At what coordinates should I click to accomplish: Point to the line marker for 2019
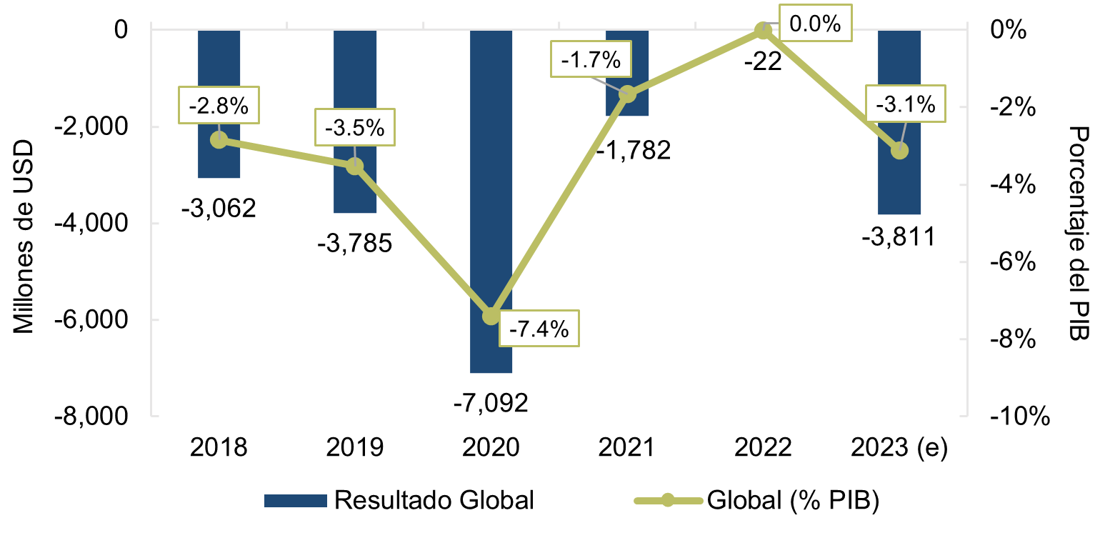tap(355, 166)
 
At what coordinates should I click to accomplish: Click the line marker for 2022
tap(763, 31)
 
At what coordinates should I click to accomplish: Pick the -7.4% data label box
tap(539, 329)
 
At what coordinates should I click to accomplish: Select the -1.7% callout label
tap(591, 60)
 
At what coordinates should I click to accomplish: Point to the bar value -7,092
tap(491, 403)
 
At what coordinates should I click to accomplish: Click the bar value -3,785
tap(355, 244)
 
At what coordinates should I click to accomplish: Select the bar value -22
tap(763, 61)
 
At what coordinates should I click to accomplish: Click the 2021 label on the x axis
tap(627, 448)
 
